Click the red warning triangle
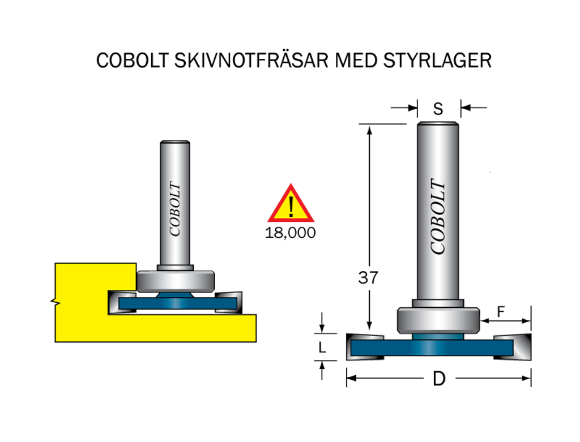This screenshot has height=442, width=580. point(291,205)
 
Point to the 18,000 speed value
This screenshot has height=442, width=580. point(291,233)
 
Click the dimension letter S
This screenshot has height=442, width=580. point(438,109)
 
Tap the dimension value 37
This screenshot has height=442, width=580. point(368,278)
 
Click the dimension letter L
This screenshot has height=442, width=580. point(322,348)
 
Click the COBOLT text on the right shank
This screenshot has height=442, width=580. point(438,216)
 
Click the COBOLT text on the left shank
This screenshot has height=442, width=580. point(175,209)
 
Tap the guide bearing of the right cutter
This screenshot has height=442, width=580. point(438,320)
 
